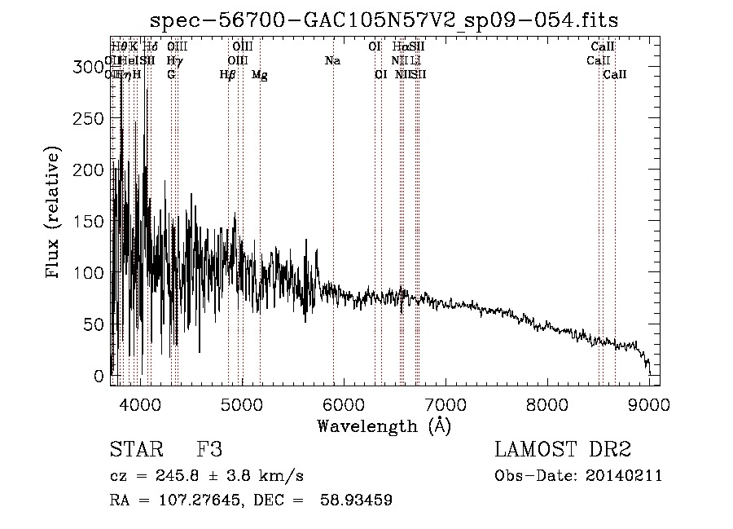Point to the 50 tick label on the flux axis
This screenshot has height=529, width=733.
(x=94, y=324)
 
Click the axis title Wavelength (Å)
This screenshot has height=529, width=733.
(x=384, y=425)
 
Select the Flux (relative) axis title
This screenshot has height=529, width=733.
(x=55, y=214)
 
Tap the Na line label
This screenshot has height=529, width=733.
(x=332, y=61)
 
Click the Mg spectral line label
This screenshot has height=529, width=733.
(x=259, y=75)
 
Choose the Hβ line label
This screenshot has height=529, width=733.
(x=227, y=75)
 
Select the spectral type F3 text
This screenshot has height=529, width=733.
(x=209, y=450)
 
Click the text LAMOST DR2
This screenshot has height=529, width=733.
(x=563, y=450)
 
